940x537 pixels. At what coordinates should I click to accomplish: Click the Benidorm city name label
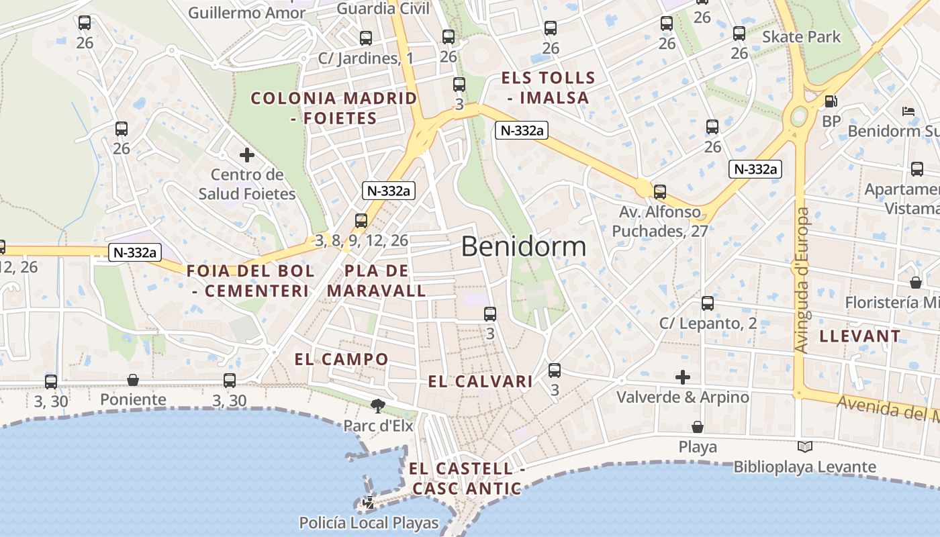(x=524, y=246)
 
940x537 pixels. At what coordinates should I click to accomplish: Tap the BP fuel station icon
(x=831, y=101)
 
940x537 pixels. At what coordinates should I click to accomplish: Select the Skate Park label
(x=801, y=36)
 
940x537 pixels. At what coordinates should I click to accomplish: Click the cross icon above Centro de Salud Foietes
(x=246, y=155)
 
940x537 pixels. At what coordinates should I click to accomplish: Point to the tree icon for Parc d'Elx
(x=378, y=405)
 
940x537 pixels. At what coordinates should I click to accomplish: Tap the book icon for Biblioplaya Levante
(x=804, y=446)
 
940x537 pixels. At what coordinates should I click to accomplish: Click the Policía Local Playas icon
(x=369, y=502)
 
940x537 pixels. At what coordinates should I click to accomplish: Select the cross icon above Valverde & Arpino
(x=683, y=377)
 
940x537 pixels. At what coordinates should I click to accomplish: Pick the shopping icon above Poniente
(x=133, y=380)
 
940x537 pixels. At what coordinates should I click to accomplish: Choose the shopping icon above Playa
(x=698, y=427)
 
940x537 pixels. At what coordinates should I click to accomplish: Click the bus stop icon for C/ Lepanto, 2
(x=708, y=303)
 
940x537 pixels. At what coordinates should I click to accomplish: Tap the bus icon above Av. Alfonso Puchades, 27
(x=660, y=192)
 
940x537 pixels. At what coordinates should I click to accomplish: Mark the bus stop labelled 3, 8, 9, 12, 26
(x=361, y=220)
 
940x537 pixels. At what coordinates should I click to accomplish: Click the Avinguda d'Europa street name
(x=802, y=280)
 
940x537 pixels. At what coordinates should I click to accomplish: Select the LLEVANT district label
(x=860, y=336)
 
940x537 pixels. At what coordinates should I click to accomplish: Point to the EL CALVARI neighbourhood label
(x=480, y=382)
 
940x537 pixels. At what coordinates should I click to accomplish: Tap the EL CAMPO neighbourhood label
(x=341, y=359)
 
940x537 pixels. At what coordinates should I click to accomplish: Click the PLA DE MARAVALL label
(x=376, y=281)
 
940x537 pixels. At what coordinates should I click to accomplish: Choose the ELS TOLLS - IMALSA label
(x=548, y=88)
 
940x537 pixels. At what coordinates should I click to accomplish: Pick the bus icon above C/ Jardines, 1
(x=366, y=38)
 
